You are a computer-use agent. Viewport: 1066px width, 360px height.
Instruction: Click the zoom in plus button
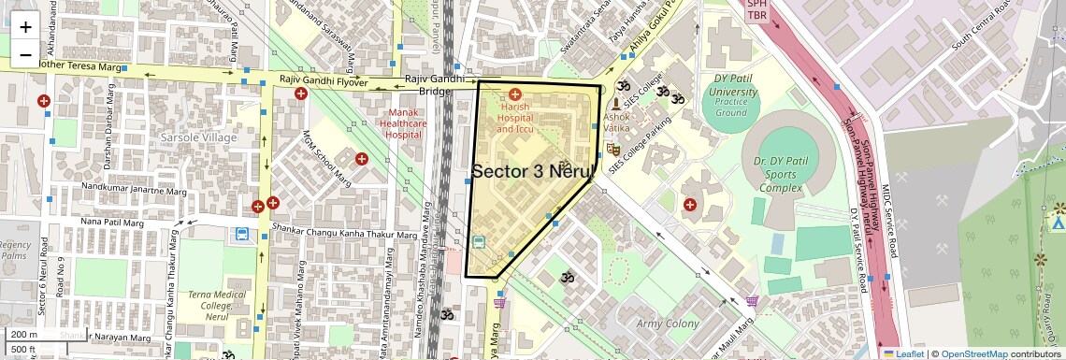point(25,27)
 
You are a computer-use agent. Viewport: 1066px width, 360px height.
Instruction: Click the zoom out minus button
point(25,55)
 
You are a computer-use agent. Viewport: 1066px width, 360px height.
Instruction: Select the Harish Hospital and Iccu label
point(515,118)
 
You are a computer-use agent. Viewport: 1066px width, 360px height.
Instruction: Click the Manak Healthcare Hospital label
point(405,123)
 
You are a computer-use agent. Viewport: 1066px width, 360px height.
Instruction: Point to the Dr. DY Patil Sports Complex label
point(772,175)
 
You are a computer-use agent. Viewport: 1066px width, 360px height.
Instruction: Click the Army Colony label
point(668,324)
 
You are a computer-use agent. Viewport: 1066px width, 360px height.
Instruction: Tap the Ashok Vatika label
point(617,122)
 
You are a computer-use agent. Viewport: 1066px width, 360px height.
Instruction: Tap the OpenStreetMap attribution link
point(973,353)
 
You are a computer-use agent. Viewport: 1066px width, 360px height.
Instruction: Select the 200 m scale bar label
point(24,335)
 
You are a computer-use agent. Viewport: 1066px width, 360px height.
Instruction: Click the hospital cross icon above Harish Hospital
point(515,94)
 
